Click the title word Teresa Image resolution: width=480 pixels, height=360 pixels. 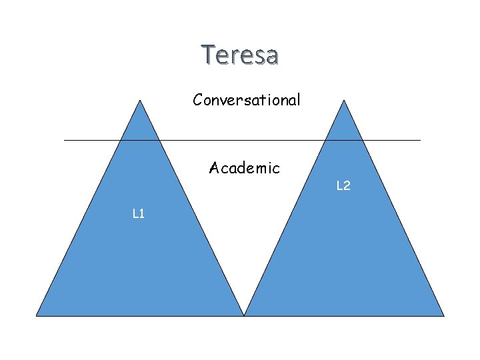pyautogui.click(x=240, y=55)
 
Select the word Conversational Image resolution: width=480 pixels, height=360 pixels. pyautogui.click(x=247, y=100)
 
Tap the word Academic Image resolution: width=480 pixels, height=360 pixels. pyautogui.click(x=244, y=167)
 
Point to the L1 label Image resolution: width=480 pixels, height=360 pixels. pyautogui.click(x=139, y=214)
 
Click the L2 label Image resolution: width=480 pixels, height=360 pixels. pyautogui.click(x=343, y=186)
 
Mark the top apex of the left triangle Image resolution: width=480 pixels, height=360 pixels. pyautogui.click(x=140, y=100)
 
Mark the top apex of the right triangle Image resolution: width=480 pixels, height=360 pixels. pyautogui.click(x=344, y=100)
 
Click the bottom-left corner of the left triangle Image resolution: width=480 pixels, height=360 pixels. pyautogui.click(x=36, y=315)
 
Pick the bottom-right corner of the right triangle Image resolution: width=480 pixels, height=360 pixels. pyautogui.click(x=444, y=315)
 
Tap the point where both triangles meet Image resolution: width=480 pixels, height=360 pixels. pyautogui.click(x=245, y=315)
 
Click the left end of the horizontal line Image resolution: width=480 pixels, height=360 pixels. pyautogui.click(x=64, y=140)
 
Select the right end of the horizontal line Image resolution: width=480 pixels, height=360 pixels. pyautogui.click(x=421, y=140)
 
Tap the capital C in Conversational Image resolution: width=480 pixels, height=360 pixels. pyautogui.click(x=198, y=100)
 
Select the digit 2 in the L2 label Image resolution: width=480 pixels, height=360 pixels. pyautogui.click(x=347, y=186)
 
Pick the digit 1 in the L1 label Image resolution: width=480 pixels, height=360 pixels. pyautogui.click(x=143, y=214)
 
